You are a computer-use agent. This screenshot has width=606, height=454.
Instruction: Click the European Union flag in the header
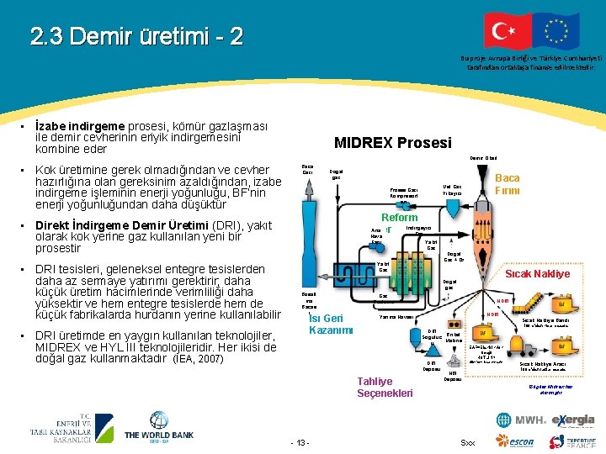[555, 31]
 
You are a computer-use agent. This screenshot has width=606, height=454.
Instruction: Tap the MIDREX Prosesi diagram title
[393, 143]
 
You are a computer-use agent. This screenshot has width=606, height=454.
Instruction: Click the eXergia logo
[573, 420]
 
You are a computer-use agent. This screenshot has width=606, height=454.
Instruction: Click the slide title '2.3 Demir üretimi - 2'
[136, 36]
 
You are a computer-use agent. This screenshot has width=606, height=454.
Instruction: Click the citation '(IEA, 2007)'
[198, 359]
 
